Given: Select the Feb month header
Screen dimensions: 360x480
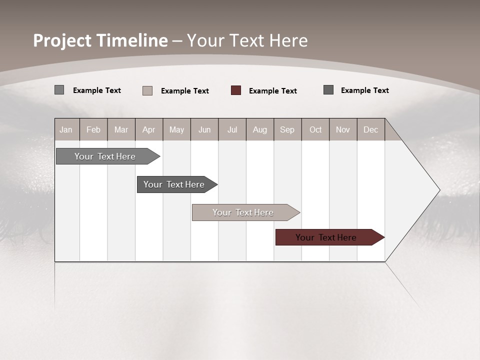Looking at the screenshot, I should pos(93,129).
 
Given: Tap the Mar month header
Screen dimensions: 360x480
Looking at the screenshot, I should pos(121,129).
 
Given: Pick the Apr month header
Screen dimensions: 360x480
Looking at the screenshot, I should pos(149,129).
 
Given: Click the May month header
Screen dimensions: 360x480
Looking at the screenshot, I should pos(176,129).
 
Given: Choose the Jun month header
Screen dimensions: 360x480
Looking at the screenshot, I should pos(204,129).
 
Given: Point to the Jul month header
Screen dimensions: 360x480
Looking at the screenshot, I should pos(232,129).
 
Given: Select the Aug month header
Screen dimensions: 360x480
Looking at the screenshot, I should pos(260,129).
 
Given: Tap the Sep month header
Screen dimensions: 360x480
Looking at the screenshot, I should pos(287,129).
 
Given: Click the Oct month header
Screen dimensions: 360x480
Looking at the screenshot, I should pos(315,129).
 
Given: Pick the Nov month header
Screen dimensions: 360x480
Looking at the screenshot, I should pos(343,129).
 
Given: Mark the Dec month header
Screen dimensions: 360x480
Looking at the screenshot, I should pos(371,129).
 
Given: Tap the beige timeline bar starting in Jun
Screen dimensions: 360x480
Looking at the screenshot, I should pos(243,212).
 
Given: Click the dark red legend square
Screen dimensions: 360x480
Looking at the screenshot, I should pos(236,90).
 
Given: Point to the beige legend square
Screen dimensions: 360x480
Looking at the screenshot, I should pos(147,90).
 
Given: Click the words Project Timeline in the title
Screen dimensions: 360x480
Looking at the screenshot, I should pos(100,40).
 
